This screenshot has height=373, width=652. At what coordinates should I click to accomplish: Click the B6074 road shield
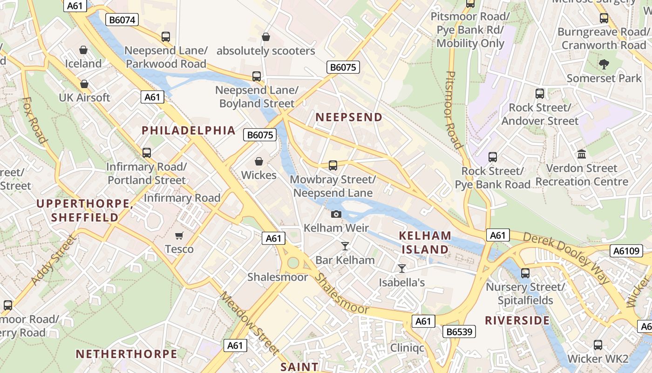coord(122,20)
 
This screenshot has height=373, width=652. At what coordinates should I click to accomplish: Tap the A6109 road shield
coord(626,251)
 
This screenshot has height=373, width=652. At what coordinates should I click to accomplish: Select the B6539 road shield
coord(460,332)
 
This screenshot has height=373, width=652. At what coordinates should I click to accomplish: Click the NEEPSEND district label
coord(349,117)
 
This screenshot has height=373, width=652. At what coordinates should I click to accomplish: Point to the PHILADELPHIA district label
coord(189,131)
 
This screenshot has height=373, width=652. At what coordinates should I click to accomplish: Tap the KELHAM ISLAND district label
coord(425,242)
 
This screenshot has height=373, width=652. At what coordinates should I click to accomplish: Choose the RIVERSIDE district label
coord(517,320)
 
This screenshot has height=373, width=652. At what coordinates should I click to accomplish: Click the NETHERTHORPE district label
coord(127,354)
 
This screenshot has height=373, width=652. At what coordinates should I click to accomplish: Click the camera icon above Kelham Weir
coord(336,214)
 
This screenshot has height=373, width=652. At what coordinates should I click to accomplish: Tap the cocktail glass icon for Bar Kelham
coord(345,246)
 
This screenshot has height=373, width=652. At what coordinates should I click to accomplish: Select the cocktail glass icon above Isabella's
coord(401,269)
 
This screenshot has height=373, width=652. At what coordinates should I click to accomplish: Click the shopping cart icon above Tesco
coord(179,235)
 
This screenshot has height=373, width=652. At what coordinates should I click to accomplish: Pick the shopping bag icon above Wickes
coord(259,162)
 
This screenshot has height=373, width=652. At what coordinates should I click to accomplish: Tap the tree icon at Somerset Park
coord(604,64)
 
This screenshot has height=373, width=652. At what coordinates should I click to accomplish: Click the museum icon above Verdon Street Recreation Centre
coord(581,154)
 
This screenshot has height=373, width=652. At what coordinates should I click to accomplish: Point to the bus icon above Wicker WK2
coord(598,345)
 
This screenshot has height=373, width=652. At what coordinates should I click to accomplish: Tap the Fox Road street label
coord(35,120)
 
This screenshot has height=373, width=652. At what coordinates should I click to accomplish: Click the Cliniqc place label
coord(407,348)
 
